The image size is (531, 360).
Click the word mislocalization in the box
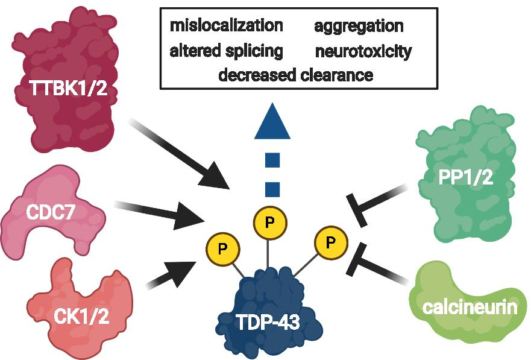click(227, 27)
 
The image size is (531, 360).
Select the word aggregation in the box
click(359, 27)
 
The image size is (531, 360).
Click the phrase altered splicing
click(227, 51)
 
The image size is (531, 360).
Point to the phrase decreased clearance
click(295, 75)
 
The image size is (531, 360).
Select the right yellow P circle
click(330, 242)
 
